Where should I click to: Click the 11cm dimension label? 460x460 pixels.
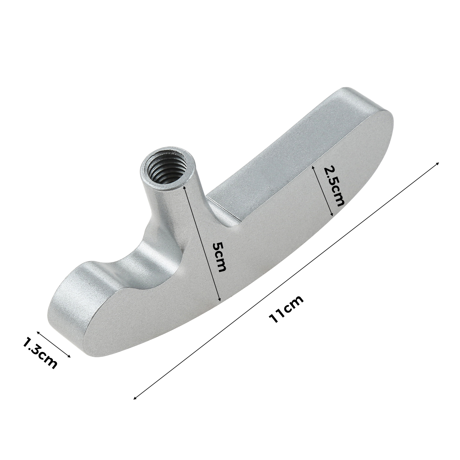tap(286, 309)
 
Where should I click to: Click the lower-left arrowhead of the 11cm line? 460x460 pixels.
tap(135, 398)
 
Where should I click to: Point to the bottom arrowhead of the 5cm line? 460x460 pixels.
tap(219, 300)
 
